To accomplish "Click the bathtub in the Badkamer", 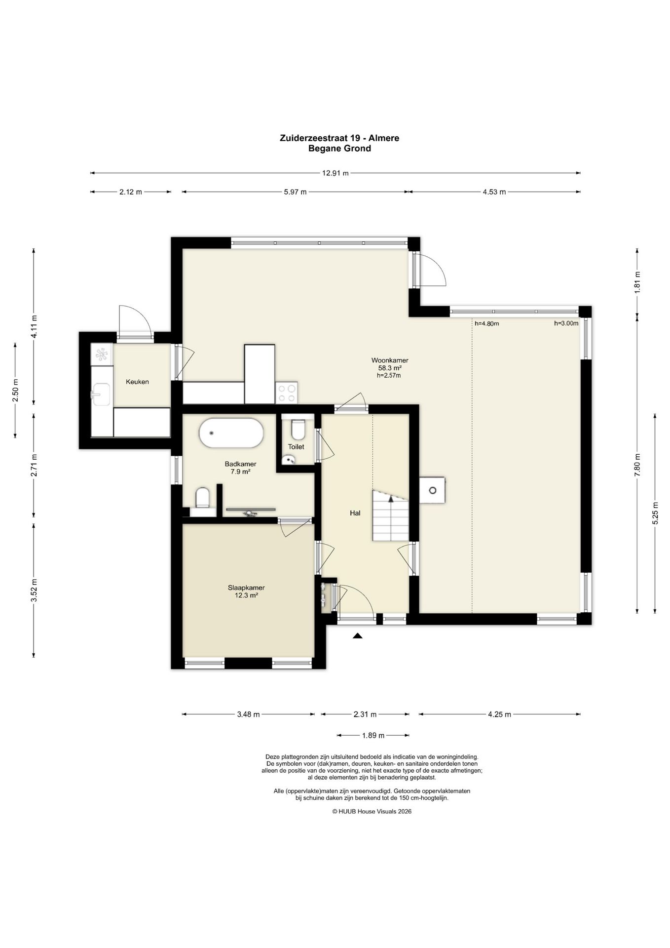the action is coord(231,433).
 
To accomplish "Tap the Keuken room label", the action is coord(137,382).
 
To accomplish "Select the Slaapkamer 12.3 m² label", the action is coord(246,592).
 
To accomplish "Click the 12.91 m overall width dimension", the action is coord(335,173).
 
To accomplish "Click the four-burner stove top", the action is coord(287,393).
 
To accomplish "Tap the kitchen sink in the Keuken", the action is coord(101,394).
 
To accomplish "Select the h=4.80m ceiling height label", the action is coord(486,324).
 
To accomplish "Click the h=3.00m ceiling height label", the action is coord(566,323).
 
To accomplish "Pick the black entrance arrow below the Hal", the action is coord(358,636).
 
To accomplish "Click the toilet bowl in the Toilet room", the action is coord(298,429).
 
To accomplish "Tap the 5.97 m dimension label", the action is coord(295,192).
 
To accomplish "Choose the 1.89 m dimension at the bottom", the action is coord(373,735).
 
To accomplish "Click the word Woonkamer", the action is coord(390,360).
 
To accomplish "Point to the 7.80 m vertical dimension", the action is coord(637,465).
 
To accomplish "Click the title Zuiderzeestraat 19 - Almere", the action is coord(339,138).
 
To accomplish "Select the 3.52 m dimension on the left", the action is coord(34,591).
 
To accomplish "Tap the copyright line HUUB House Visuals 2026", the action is coord(372,811).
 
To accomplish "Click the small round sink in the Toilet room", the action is coord(289,460).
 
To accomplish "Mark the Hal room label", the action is coord(355,513).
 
